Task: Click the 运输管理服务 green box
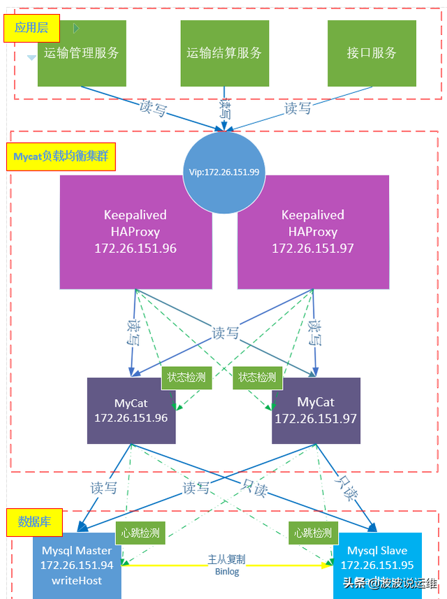82,53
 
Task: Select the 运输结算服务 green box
224,53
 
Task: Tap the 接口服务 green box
372,53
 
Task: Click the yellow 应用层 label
31,28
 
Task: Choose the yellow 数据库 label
34,521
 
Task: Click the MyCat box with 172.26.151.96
131,411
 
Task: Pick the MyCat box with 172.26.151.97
316,411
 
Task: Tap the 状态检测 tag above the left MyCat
186,377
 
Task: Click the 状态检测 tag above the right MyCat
257,377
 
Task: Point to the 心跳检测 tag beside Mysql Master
138,533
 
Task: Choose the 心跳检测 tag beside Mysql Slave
312,533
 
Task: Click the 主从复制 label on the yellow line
226,560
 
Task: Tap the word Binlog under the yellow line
226,572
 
